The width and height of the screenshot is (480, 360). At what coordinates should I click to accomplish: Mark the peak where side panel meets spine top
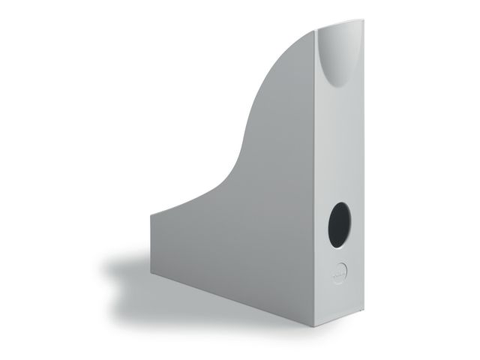click(x=316, y=31)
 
